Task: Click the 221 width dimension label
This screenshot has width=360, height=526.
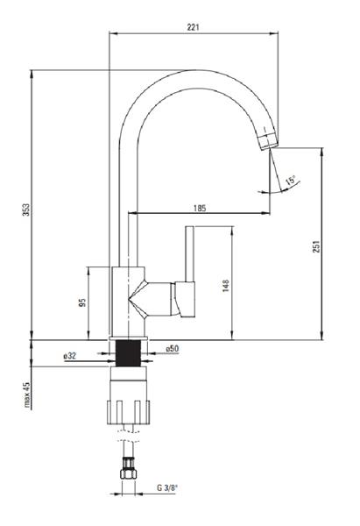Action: pos(193,27)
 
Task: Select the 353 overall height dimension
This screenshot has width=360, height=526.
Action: pos(26,210)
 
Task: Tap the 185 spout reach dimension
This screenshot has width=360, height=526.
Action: pos(200,208)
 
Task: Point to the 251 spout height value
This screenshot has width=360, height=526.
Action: pos(316,246)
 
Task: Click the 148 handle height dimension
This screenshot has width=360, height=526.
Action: pos(226,286)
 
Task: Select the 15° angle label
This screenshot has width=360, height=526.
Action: pos(290,181)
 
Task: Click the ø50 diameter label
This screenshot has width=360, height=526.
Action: pos(173,349)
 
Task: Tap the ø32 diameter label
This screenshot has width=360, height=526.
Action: pos(70,356)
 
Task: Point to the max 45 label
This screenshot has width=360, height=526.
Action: pos(27,394)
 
